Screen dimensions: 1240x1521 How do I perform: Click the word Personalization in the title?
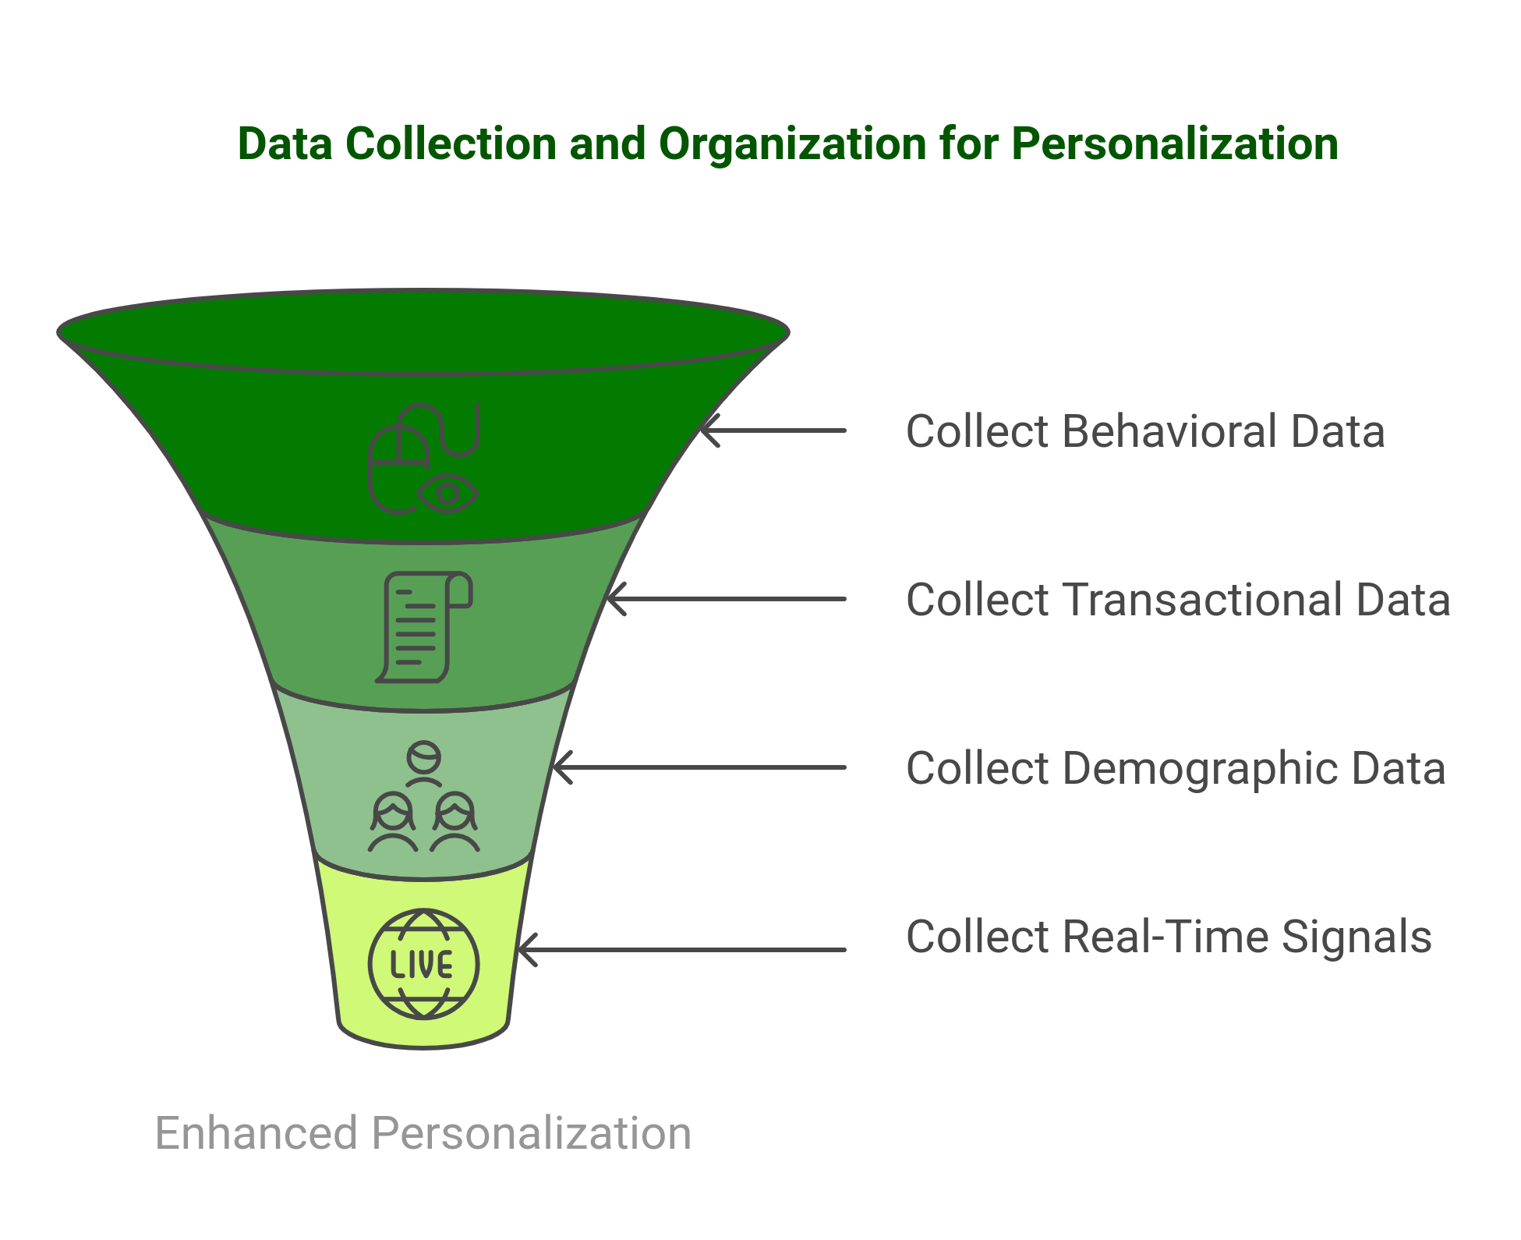click(1174, 144)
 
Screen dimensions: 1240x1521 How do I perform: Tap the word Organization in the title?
click(791, 144)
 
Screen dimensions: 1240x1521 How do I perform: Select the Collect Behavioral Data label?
click(1144, 431)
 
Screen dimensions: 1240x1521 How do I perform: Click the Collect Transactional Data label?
click(1177, 600)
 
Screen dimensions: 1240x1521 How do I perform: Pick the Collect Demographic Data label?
click(1175, 768)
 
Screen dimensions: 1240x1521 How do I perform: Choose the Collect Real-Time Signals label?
click(1168, 937)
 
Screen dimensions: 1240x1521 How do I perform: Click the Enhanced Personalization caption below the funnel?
click(423, 1133)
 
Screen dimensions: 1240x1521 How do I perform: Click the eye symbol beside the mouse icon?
click(447, 493)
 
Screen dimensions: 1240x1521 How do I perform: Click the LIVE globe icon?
click(423, 964)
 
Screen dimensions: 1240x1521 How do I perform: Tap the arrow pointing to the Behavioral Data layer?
click(772, 430)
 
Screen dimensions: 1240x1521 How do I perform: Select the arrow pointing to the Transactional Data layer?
click(725, 599)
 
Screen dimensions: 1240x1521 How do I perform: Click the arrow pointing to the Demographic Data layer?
click(698, 767)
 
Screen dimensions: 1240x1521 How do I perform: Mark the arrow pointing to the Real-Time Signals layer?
click(682, 949)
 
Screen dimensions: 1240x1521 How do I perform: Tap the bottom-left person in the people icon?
click(392, 823)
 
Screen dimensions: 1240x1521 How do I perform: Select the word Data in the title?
click(285, 144)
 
